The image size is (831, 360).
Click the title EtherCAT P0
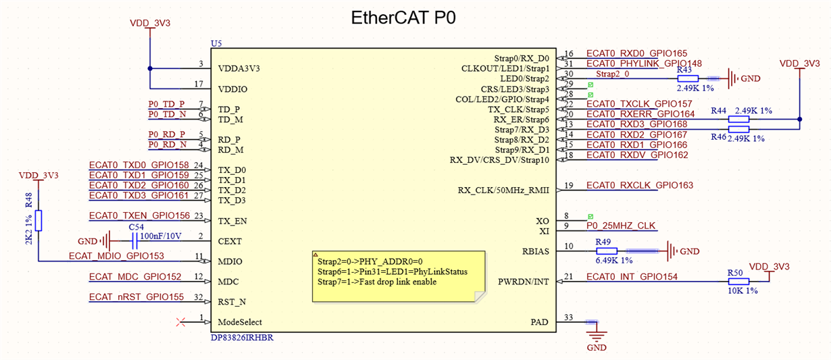[403, 18]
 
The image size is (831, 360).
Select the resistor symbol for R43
[688, 78]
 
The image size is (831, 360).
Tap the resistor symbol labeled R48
[39, 220]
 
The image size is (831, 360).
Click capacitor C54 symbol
[134, 241]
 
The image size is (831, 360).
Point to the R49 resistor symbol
[606, 251]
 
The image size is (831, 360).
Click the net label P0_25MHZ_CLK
[621, 226]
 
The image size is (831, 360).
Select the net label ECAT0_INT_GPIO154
[632, 277]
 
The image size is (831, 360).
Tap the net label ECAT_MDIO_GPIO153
[116, 257]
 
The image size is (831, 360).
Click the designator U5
[216, 43]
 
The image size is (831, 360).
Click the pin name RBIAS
[535, 251]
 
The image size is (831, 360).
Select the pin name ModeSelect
[240, 322]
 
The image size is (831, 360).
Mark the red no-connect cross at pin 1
[180, 322]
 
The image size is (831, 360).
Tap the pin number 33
[569, 317]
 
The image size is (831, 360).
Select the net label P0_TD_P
[166, 104]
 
